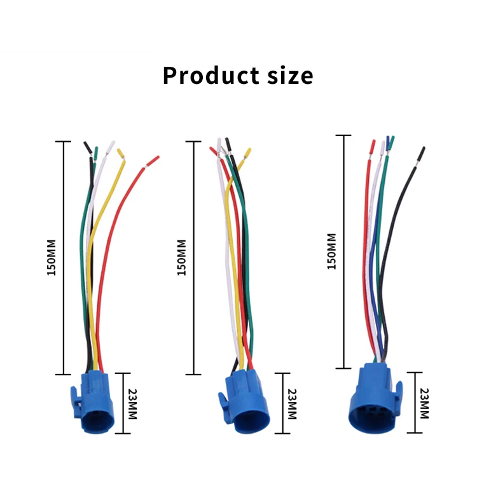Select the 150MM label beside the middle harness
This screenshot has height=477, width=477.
tap(181, 258)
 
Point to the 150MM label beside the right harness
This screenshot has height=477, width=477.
tap(331, 251)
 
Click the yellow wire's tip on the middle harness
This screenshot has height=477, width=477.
tap(247, 153)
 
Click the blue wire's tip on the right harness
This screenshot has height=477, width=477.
tap(388, 141)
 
